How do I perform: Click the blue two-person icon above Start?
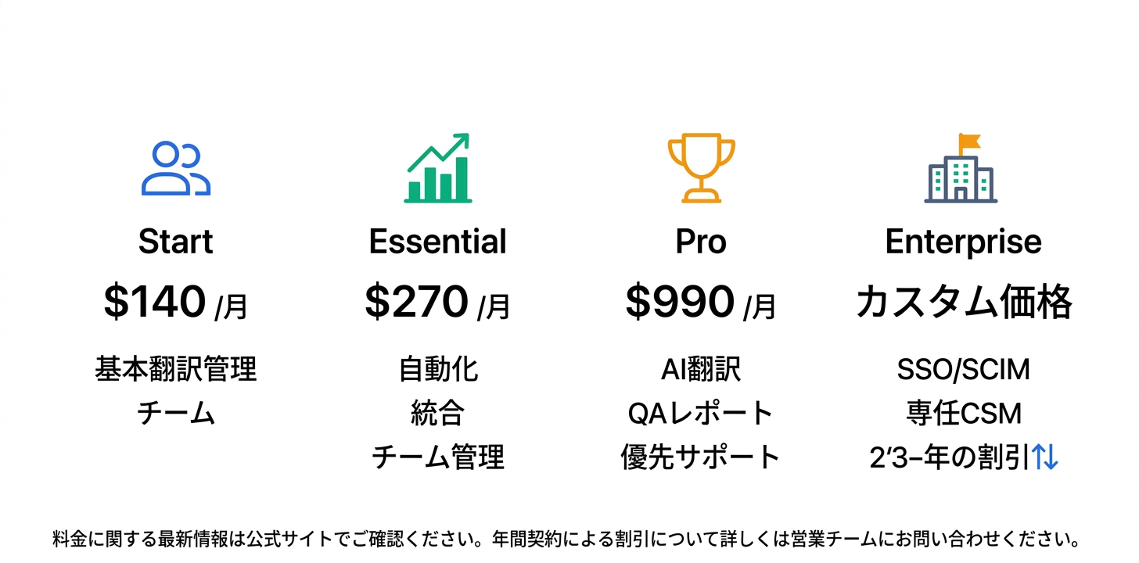176,168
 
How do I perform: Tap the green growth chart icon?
438,168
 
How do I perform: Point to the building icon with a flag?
961,169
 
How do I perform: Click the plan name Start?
176,242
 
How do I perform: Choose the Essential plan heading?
438,242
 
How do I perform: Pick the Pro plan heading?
701,242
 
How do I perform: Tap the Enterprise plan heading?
963,242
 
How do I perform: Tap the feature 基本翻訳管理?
176,369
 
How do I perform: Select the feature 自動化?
438,369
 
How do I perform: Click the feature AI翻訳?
701,369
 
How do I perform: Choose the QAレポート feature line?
701,413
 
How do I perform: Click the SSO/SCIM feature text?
963,369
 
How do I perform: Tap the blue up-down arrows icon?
1045,457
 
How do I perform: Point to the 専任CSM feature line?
963,413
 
